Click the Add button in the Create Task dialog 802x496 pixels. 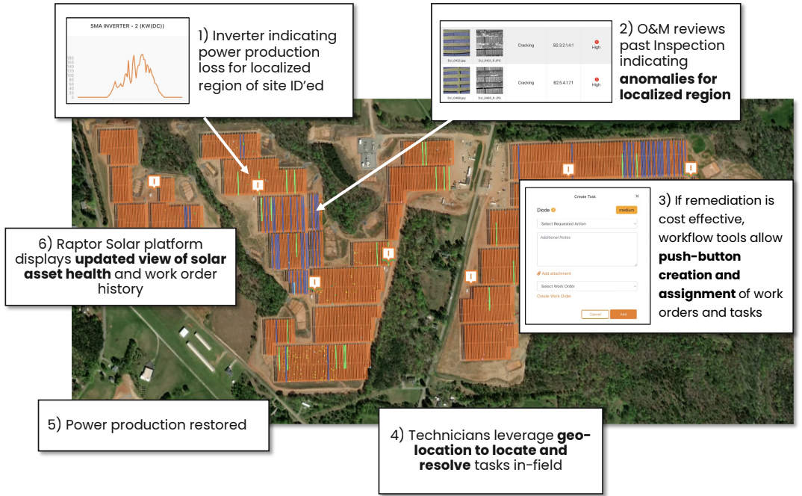click(x=623, y=314)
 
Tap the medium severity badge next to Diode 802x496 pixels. click(x=626, y=210)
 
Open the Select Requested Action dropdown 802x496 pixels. click(x=587, y=223)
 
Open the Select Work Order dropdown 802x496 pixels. click(x=587, y=286)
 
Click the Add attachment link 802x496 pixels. click(x=555, y=274)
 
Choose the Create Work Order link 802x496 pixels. click(x=554, y=297)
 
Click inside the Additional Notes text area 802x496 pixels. click(x=587, y=249)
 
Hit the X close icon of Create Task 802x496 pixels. click(x=637, y=196)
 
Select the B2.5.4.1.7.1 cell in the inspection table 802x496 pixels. click(x=564, y=82)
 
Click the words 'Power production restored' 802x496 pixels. click(x=156, y=424)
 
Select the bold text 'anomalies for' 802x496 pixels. click(x=668, y=78)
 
